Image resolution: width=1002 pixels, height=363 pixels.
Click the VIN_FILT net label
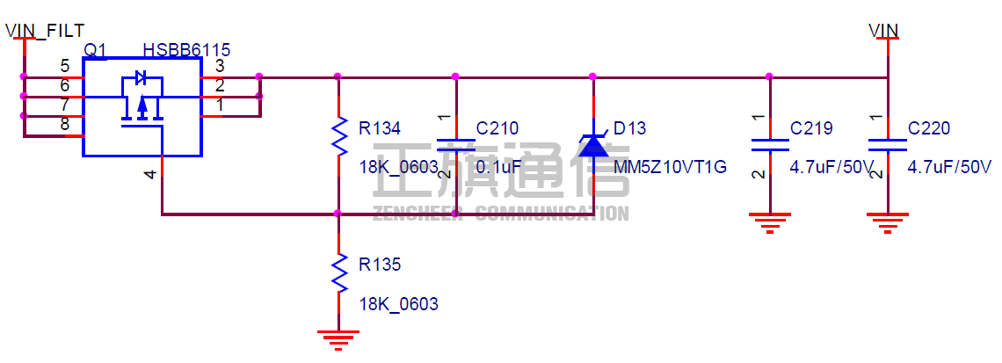[x=45, y=32]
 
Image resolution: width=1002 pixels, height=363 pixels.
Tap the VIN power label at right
[x=883, y=31]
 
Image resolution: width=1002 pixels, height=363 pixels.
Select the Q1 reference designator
[x=95, y=50]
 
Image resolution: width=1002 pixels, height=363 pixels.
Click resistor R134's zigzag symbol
[x=339, y=135]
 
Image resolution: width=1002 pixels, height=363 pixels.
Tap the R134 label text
[x=380, y=129]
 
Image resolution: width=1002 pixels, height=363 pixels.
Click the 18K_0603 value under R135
[x=398, y=304]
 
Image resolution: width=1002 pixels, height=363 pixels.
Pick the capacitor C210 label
[x=497, y=129]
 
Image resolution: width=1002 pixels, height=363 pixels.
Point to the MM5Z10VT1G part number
[x=670, y=167]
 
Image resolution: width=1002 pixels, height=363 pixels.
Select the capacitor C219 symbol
[x=770, y=145]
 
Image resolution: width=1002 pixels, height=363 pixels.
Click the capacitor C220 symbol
[x=888, y=145]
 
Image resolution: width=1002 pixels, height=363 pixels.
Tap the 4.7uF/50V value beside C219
[x=831, y=167]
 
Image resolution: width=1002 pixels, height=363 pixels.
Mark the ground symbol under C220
[x=888, y=221]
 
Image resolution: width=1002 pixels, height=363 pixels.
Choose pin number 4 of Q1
[x=151, y=175]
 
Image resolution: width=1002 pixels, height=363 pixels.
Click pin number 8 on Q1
[x=65, y=123]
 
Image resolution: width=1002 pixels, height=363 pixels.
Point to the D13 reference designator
[x=629, y=129]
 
